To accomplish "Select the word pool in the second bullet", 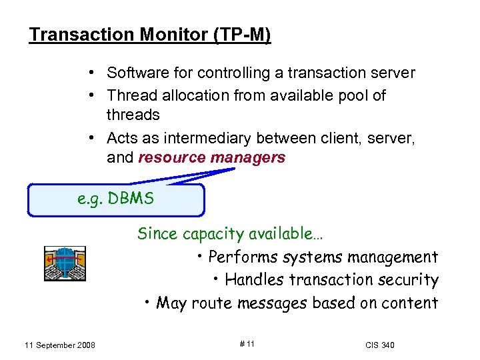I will tap(354, 95).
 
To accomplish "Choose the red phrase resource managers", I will tap(211, 158).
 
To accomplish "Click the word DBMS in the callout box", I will tap(135, 199).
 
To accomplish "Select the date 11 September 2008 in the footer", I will tap(59, 345).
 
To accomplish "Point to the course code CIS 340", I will tap(380, 345).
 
